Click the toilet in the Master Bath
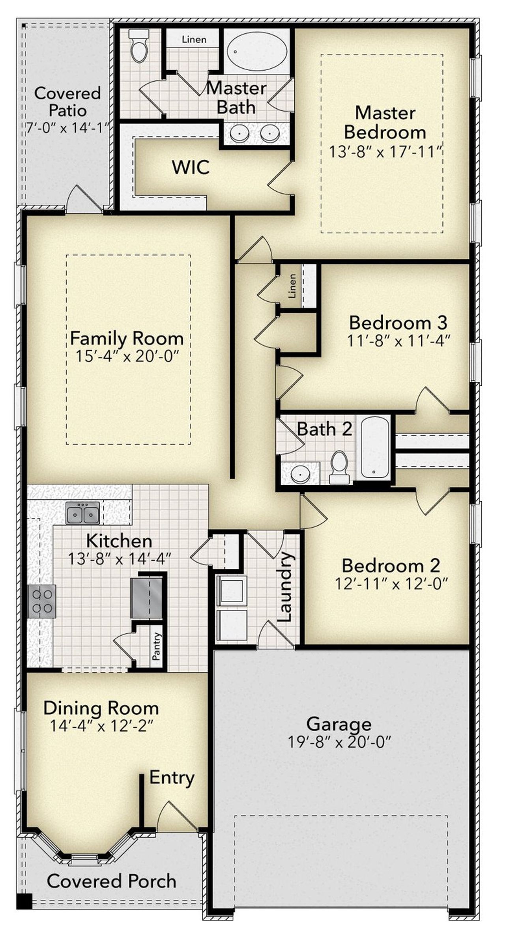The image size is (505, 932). coord(139,46)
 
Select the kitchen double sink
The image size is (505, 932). coord(82,513)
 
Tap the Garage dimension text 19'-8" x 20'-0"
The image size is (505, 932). coord(339,742)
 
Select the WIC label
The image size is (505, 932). coord(191,167)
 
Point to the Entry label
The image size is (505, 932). coord(172,778)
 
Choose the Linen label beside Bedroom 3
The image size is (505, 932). coord(292,286)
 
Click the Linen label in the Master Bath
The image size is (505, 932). coord(194,39)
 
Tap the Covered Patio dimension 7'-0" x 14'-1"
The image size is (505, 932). coord(67,128)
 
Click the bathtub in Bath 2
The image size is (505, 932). coord(375,448)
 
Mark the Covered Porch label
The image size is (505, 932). coord(112,881)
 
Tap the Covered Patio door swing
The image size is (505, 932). coord(83,200)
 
